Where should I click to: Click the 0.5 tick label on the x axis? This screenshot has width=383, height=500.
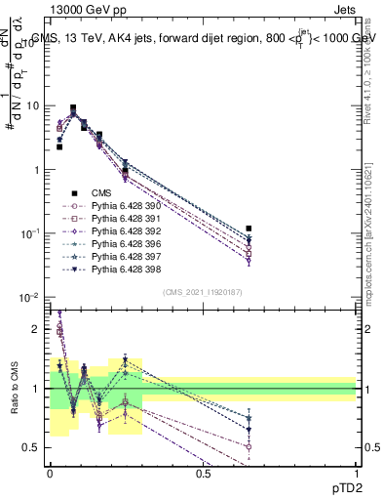point(204,473)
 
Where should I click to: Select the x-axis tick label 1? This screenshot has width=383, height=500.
point(357,473)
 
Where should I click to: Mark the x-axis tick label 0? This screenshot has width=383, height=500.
point(51,473)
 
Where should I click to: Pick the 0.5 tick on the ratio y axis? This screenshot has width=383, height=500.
point(32,448)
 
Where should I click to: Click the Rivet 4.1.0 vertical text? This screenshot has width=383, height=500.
point(368,68)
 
